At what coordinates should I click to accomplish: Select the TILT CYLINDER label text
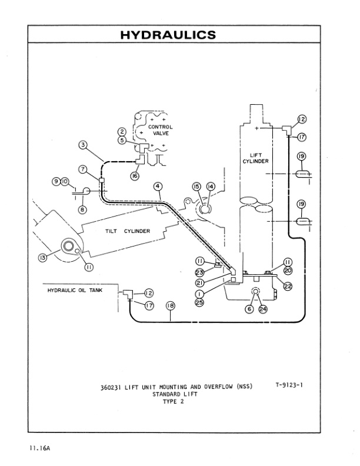pyautogui.click(x=128, y=231)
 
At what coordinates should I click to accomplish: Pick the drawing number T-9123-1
pyautogui.click(x=293, y=385)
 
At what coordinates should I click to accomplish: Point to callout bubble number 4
pyautogui.click(x=158, y=187)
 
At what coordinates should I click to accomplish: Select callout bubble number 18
pyautogui.click(x=171, y=305)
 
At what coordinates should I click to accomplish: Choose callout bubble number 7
pyautogui.click(x=84, y=169)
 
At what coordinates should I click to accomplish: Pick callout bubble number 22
pyautogui.click(x=288, y=286)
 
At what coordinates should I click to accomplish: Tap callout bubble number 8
pyautogui.click(x=81, y=208)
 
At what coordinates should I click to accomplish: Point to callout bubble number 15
pyautogui.click(x=196, y=187)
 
